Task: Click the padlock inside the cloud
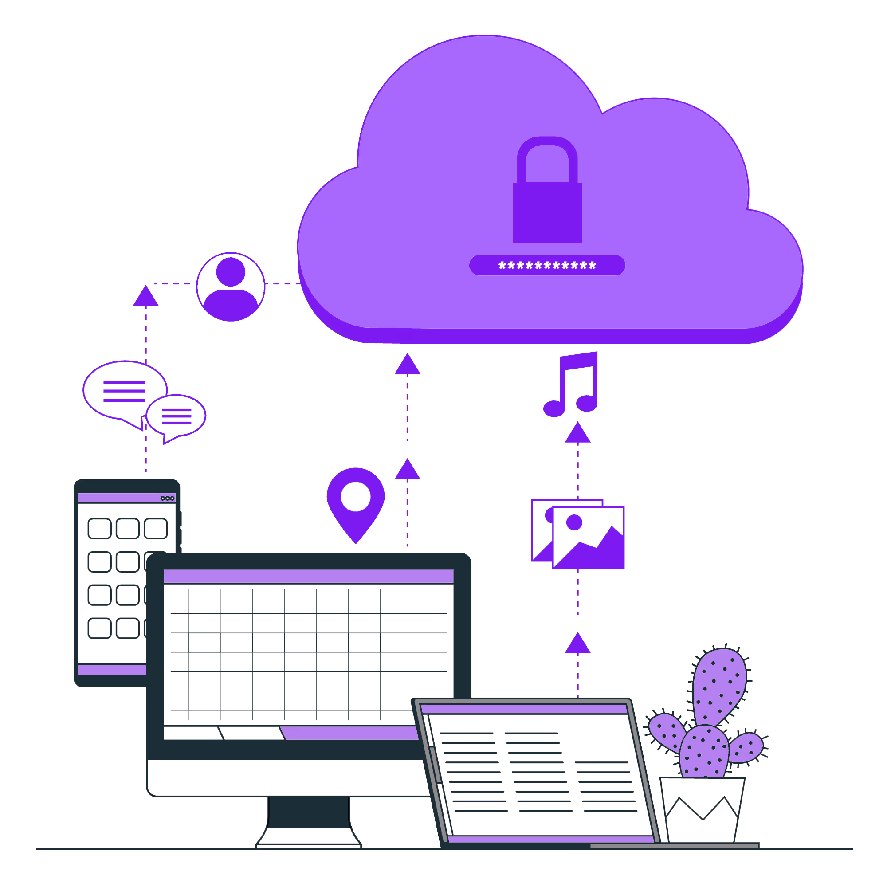547,207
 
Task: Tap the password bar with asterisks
547,265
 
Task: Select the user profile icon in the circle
231,287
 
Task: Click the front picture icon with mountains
589,538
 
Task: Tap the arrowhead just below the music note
577,433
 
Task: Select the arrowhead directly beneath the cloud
407,365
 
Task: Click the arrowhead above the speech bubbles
145,297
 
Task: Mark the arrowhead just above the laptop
577,644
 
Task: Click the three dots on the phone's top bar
167,498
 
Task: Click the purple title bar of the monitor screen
309,576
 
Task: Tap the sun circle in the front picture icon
574,522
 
